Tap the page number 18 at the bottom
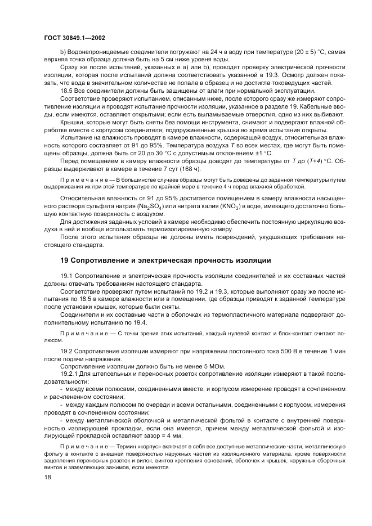tap(47, 477)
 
